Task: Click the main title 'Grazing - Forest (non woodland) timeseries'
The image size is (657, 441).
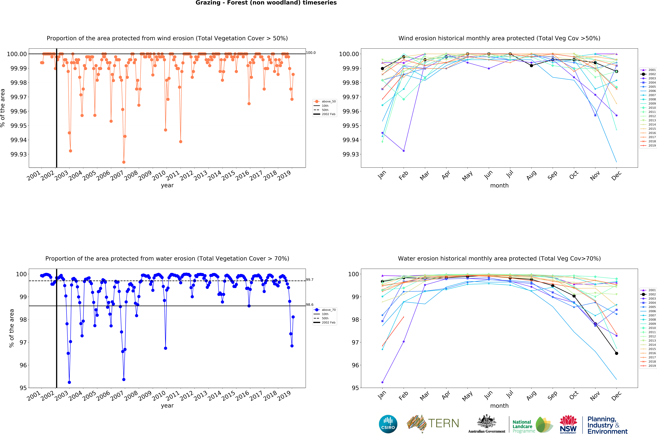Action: coord(266,3)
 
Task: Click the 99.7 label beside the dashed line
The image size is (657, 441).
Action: coord(310,280)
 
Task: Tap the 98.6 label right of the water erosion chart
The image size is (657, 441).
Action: coord(310,305)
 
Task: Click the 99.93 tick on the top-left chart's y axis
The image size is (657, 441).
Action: coord(19,154)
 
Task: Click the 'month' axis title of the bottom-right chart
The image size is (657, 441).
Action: coord(499,406)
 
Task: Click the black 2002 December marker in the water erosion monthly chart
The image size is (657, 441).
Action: coord(616,353)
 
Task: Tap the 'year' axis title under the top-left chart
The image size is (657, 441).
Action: coord(167,185)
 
